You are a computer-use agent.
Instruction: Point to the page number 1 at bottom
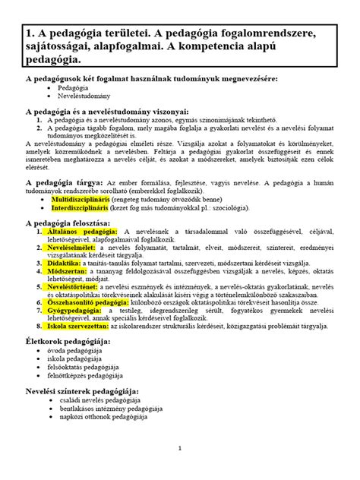(x=178, y=448)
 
